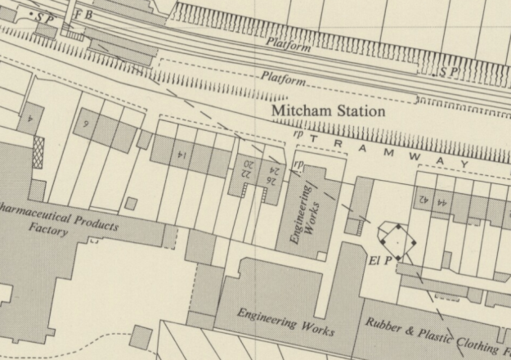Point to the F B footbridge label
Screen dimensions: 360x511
[83, 15]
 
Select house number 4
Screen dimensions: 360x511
[29, 119]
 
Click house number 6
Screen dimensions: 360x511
[85, 124]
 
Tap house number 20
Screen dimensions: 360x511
[247, 164]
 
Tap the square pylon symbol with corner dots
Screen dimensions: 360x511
[396, 242]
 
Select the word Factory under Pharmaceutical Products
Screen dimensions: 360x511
[48, 232]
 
